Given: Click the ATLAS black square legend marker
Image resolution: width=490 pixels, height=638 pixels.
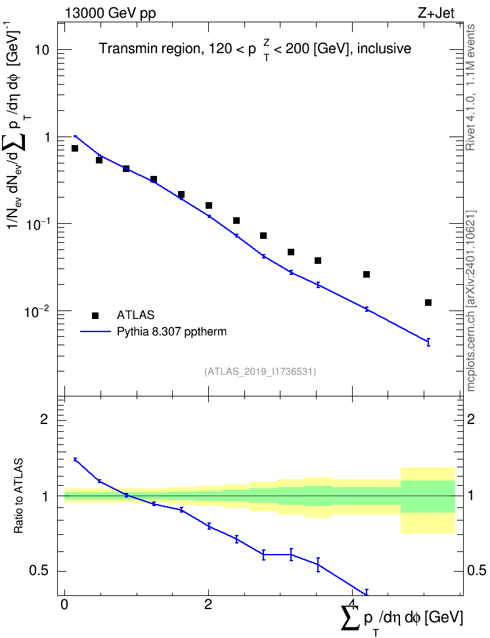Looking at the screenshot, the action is pos(95,315).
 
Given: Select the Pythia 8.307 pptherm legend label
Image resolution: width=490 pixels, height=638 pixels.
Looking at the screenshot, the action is pos(171,331).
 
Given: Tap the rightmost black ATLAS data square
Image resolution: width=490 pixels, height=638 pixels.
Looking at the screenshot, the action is pos(428,303).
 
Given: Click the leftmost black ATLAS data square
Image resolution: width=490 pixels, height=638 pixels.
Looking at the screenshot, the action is pos(75,148).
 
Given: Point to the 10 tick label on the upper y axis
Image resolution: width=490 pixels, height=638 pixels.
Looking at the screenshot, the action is pos(41,51).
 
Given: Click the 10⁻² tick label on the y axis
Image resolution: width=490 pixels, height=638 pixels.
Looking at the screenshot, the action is pos(37,311).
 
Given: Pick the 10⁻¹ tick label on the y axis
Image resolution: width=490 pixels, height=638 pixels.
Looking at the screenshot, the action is pos(37,224).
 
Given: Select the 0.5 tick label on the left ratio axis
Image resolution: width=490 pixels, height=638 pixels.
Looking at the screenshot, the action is pos(39,571).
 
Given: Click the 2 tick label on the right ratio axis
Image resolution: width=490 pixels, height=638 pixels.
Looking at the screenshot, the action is pos(471,419).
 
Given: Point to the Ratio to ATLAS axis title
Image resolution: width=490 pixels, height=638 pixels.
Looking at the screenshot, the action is pos(18,496).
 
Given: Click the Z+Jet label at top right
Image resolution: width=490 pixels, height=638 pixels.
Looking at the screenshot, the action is pos(436,13).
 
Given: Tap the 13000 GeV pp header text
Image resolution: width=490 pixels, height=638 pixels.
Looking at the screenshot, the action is pos(110,14).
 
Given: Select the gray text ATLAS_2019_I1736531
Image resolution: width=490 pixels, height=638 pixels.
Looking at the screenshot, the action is pos(260,372).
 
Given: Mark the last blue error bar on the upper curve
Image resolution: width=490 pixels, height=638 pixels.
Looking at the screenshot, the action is pos(428,342).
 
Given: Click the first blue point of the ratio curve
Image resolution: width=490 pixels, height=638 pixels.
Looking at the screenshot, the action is pos(75,459).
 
